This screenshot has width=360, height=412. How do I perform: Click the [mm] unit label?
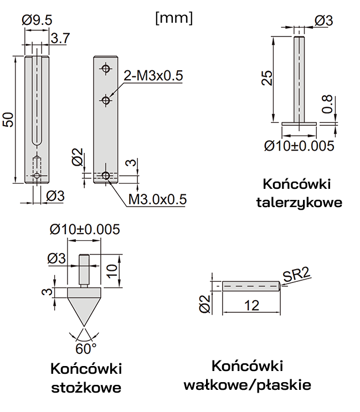click(174, 18)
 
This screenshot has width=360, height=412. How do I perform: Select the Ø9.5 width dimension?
click(38, 20)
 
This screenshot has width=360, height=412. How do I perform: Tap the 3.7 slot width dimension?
click(60, 38)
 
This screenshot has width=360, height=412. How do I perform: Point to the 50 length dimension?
click(7, 120)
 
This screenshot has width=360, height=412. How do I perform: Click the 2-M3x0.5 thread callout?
click(153, 76)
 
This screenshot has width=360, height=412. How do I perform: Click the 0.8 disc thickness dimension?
click(327, 105)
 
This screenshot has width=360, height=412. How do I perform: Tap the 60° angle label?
click(86, 348)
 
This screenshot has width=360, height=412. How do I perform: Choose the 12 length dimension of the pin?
click(251, 304)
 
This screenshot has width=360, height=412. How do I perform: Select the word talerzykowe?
click(299, 202)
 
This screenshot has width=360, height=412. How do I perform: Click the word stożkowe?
click(86, 387)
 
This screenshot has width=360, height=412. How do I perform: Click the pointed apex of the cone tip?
click(85, 325)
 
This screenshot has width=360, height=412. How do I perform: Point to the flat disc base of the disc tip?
click(299, 123)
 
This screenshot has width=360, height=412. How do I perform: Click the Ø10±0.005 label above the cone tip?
click(84, 229)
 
